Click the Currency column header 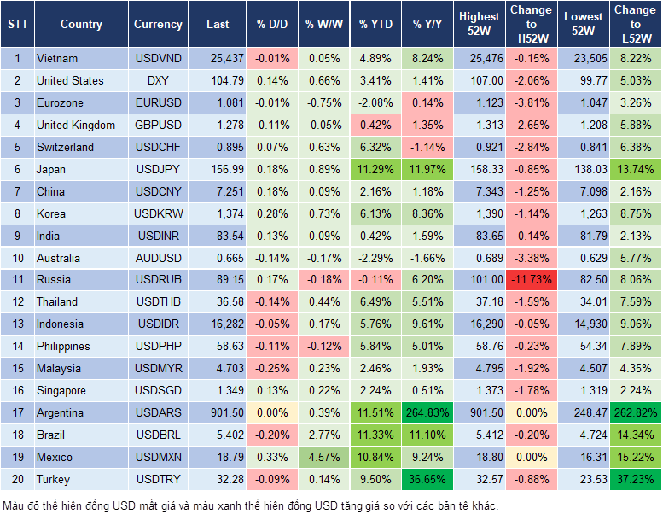158,25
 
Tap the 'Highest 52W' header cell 479,25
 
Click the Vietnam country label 57,59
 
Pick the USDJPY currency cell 158,170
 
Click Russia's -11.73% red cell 531,280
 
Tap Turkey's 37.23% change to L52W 635,480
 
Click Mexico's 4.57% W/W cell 324,458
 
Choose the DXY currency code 158,81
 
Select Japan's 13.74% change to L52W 635,170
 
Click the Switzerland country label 65,148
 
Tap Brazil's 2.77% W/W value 324,435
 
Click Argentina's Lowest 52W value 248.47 582,413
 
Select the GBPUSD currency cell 158,126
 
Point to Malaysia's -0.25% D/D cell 271,369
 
